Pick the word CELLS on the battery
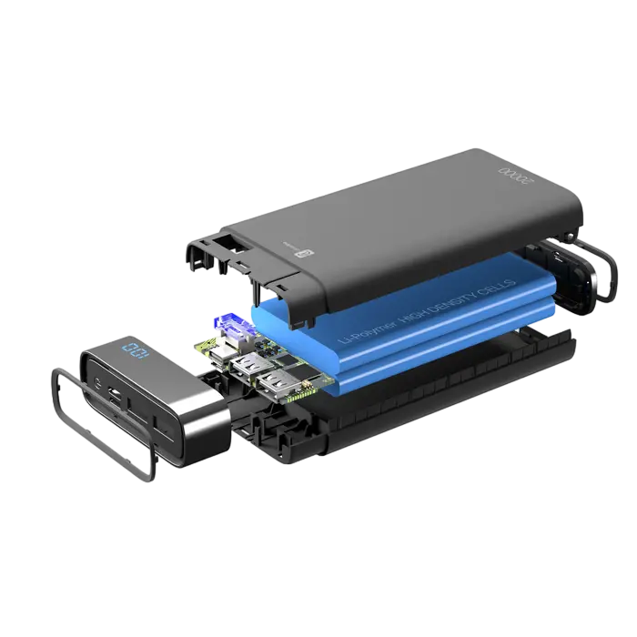[501, 284]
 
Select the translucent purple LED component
[229, 325]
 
